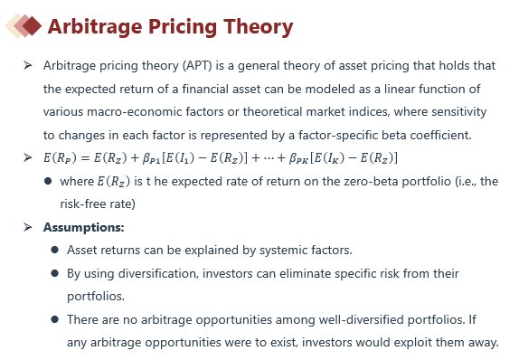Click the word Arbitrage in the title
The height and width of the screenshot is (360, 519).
[x=95, y=27]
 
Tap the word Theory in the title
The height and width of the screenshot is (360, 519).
[x=259, y=27]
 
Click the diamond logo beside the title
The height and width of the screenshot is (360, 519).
[x=24, y=26]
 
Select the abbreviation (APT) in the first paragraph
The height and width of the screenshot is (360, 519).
[x=197, y=65]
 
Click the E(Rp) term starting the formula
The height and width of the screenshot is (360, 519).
[x=60, y=158]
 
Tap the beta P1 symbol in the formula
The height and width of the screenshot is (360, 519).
[x=151, y=158]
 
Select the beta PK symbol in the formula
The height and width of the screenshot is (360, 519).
[x=299, y=158]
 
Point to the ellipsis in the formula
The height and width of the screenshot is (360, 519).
[x=269, y=158]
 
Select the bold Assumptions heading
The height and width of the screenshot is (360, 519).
[x=84, y=228]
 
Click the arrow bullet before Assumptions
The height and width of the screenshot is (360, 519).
[x=28, y=227]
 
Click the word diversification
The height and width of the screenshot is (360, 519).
[x=158, y=273]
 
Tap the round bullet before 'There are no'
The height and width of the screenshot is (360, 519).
[x=55, y=319]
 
